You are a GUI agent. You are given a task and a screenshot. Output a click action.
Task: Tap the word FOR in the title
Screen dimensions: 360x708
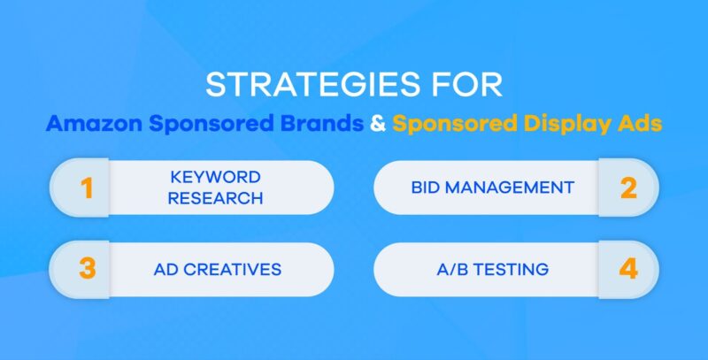466,86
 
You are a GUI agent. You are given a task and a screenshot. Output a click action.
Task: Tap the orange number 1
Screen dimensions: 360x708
88,188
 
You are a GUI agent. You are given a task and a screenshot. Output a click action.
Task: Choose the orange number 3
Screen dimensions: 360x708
88,269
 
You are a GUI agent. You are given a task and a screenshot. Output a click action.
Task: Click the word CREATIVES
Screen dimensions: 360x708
232,269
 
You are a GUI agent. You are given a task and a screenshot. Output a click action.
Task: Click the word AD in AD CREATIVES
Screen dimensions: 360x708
166,269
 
